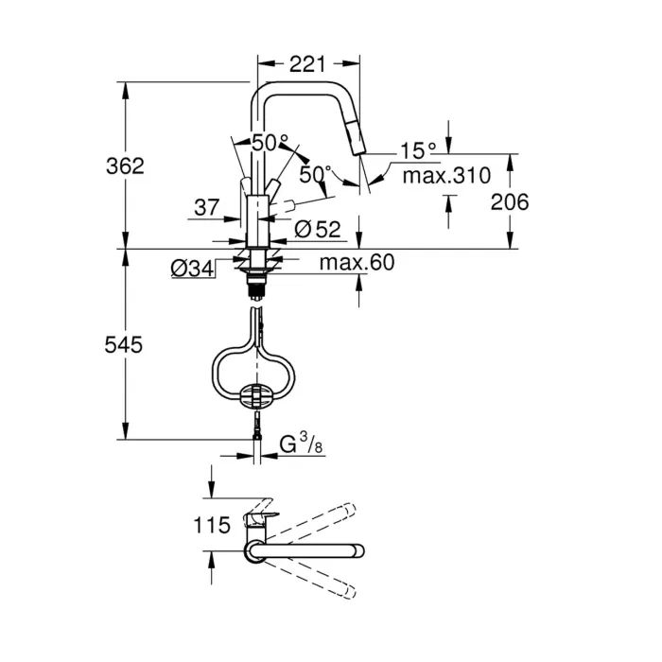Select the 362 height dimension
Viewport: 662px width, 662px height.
(x=125, y=165)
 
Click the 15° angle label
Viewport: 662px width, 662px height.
(x=417, y=150)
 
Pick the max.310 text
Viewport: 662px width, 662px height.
(x=445, y=175)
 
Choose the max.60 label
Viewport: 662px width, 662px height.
(x=356, y=262)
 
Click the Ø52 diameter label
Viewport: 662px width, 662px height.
(x=317, y=228)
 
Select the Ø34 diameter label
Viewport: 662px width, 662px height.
(x=192, y=269)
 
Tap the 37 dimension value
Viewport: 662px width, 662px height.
(x=207, y=205)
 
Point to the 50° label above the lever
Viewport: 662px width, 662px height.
(x=270, y=143)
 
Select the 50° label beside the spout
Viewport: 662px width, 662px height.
(x=316, y=174)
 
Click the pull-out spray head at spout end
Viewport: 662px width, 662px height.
(x=357, y=140)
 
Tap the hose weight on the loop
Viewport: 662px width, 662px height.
(x=256, y=395)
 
